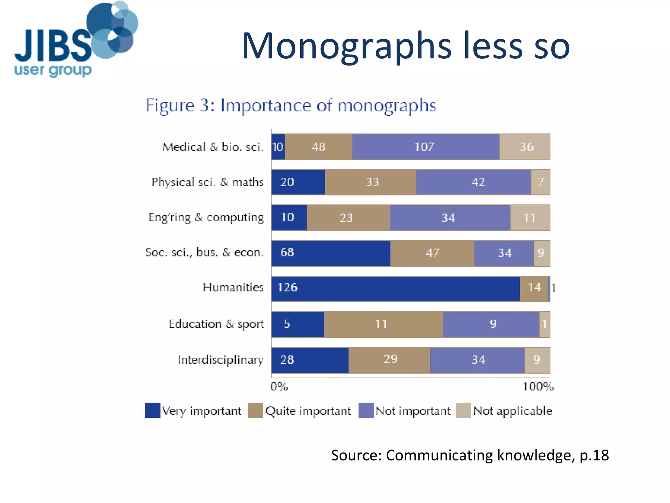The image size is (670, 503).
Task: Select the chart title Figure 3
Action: pyautogui.click(x=291, y=105)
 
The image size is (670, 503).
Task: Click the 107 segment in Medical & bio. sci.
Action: pyautogui.click(x=425, y=147)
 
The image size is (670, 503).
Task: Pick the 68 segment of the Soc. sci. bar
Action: pyautogui.click(x=330, y=253)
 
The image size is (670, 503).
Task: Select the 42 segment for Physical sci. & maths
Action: pyautogui.click(x=473, y=182)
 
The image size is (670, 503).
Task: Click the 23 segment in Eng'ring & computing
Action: pyautogui.click(x=348, y=218)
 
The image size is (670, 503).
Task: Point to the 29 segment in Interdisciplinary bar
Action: pyautogui.click(x=389, y=360)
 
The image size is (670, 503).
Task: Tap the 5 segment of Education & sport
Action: pyautogui.click(x=297, y=324)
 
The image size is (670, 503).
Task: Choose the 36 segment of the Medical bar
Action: pyautogui.click(x=525, y=147)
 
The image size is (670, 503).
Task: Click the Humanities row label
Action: pyautogui.click(x=233, y=288)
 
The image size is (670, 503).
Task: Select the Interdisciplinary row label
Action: pyautogui.click(x=220, y=360)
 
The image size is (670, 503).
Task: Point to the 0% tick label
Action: pyautogui.click(x=279, y=387)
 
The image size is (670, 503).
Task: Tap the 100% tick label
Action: pyautogui.click(x=538, y=387)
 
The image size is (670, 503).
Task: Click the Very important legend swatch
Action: pyautogui.click(x=153, y=410)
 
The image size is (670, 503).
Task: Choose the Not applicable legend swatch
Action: pyautogui.click(x=463, y=410)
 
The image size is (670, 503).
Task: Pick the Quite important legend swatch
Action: pyautogui.click(x=256, y=410)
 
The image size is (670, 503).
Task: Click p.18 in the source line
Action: pyautogui.click(x=594, y=456)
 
